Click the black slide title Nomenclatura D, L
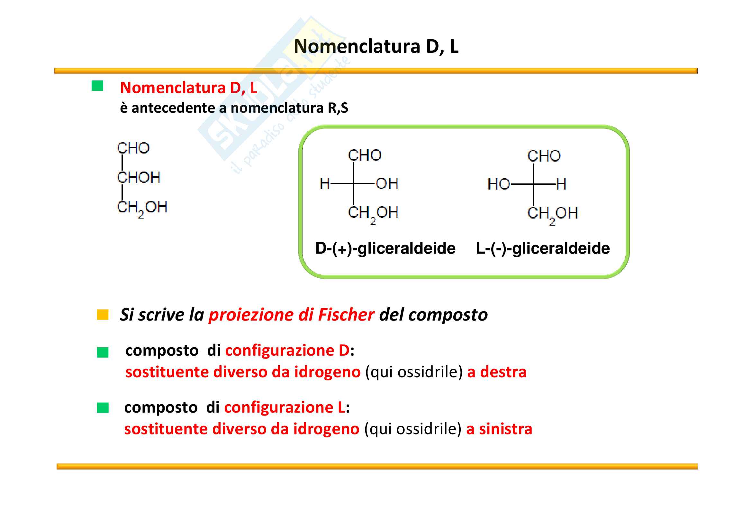(376, 47)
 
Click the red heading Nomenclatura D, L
(189, 88)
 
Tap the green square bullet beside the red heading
(97, 86)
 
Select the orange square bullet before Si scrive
(103, 314)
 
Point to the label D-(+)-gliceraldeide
(385, 248)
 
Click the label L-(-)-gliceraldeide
(543, 248)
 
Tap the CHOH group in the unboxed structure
(139, 177)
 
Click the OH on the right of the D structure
(387, 183)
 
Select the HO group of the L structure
(499, 184)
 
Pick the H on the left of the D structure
(325, 183)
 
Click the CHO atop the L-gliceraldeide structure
(544, 156)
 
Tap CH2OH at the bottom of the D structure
(373, 213)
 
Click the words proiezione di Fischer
(291, 315)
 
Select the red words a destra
(496, 372)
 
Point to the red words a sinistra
(499, 429)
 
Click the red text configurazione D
(287, 350)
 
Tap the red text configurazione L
(284, 407)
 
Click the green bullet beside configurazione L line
(103, 408)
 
